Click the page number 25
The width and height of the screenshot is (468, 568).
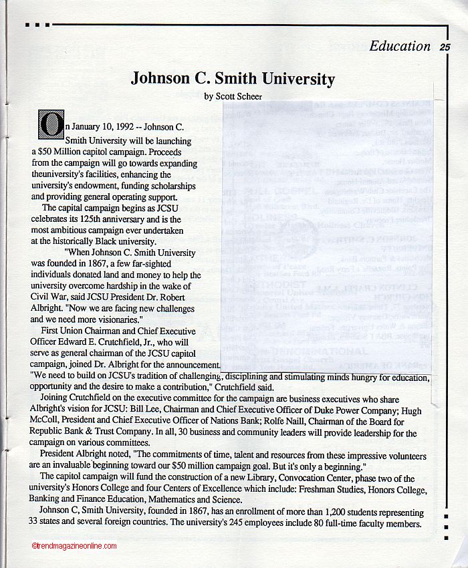(445, 47)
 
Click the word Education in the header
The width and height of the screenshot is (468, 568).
(400, 46)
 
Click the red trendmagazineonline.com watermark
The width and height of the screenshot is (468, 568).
(74, 546)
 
